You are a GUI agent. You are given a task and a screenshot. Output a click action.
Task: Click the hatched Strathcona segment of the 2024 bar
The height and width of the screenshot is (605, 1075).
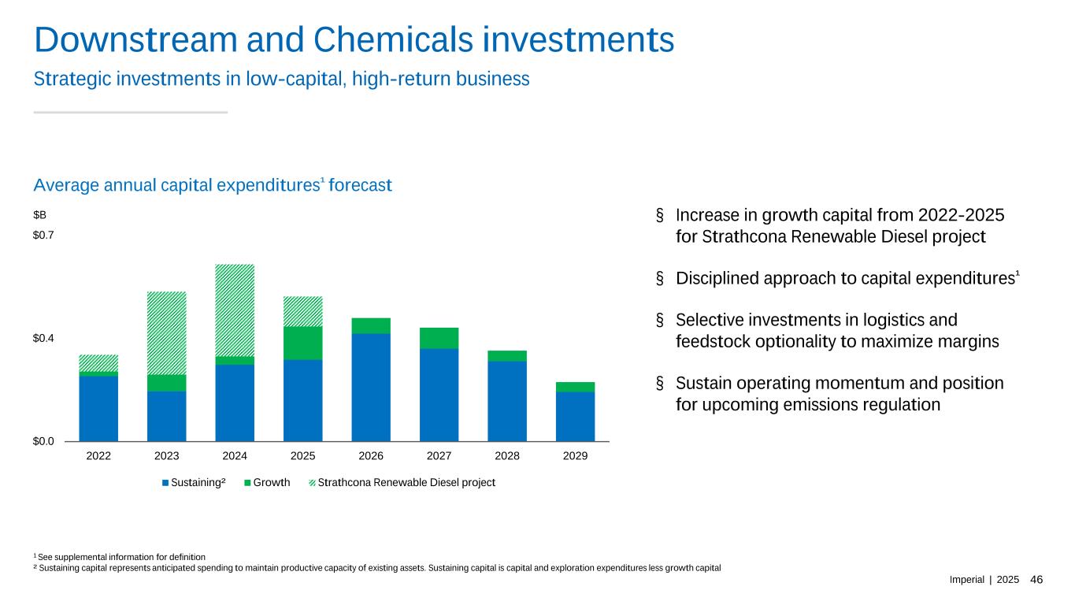click(235, 310)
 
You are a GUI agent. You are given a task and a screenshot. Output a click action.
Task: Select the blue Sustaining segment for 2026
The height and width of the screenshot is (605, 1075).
click(371, 387)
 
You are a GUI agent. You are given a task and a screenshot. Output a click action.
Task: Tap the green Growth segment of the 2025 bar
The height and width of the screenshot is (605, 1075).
click(303, 343)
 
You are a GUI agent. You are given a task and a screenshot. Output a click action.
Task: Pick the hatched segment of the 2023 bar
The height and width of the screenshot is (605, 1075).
click(167, 332)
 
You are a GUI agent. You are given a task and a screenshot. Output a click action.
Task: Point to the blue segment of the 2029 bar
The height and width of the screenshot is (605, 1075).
click(575, 416)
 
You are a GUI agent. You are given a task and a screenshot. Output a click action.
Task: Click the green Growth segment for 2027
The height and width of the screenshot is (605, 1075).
click(439, 338)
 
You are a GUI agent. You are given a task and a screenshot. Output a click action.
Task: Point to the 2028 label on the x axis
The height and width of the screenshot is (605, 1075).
click(507, 456)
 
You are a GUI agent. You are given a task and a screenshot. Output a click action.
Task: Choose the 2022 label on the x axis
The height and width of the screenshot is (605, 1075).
click(98, 456)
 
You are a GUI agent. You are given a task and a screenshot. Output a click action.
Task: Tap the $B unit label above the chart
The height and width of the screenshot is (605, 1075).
click(39, 214)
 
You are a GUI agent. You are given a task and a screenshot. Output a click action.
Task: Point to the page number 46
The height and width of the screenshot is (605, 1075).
click(1036, 580)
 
